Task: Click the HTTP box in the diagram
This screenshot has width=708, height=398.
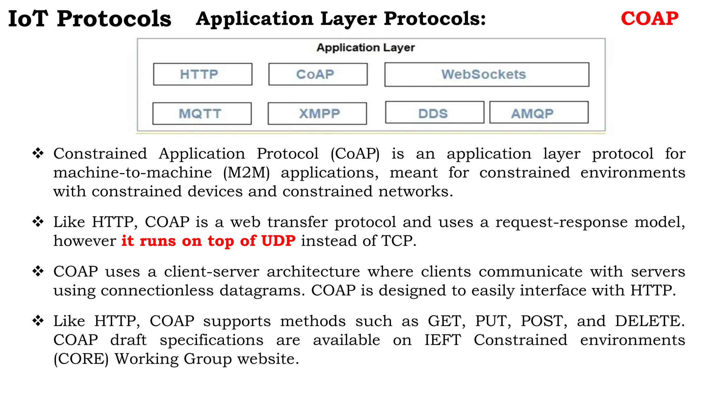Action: [203, 74]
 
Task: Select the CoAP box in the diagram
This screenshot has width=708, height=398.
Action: [318, 74]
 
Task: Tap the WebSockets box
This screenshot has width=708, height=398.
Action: [486, 75]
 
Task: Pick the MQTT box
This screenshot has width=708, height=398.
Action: [202, 114]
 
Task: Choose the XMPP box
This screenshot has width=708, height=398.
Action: [317, 114]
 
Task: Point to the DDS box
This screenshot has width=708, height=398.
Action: [435, 113]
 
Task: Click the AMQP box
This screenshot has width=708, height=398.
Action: [539, 113]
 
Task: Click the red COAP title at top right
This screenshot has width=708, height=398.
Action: [649, 19]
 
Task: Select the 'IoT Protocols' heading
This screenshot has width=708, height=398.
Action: [90, 19]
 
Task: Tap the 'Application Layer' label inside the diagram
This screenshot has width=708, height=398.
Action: [365, 48]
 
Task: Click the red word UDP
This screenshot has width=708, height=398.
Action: [278, 241]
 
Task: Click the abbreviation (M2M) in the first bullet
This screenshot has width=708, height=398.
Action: [246, 173]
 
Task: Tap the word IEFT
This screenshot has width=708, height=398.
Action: [442, 340]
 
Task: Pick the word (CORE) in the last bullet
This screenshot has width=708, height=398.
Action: [81, 359]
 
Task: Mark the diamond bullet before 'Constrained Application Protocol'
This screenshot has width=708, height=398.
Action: [38, 153]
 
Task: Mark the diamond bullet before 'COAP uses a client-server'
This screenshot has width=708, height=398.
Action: [38, 271]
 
